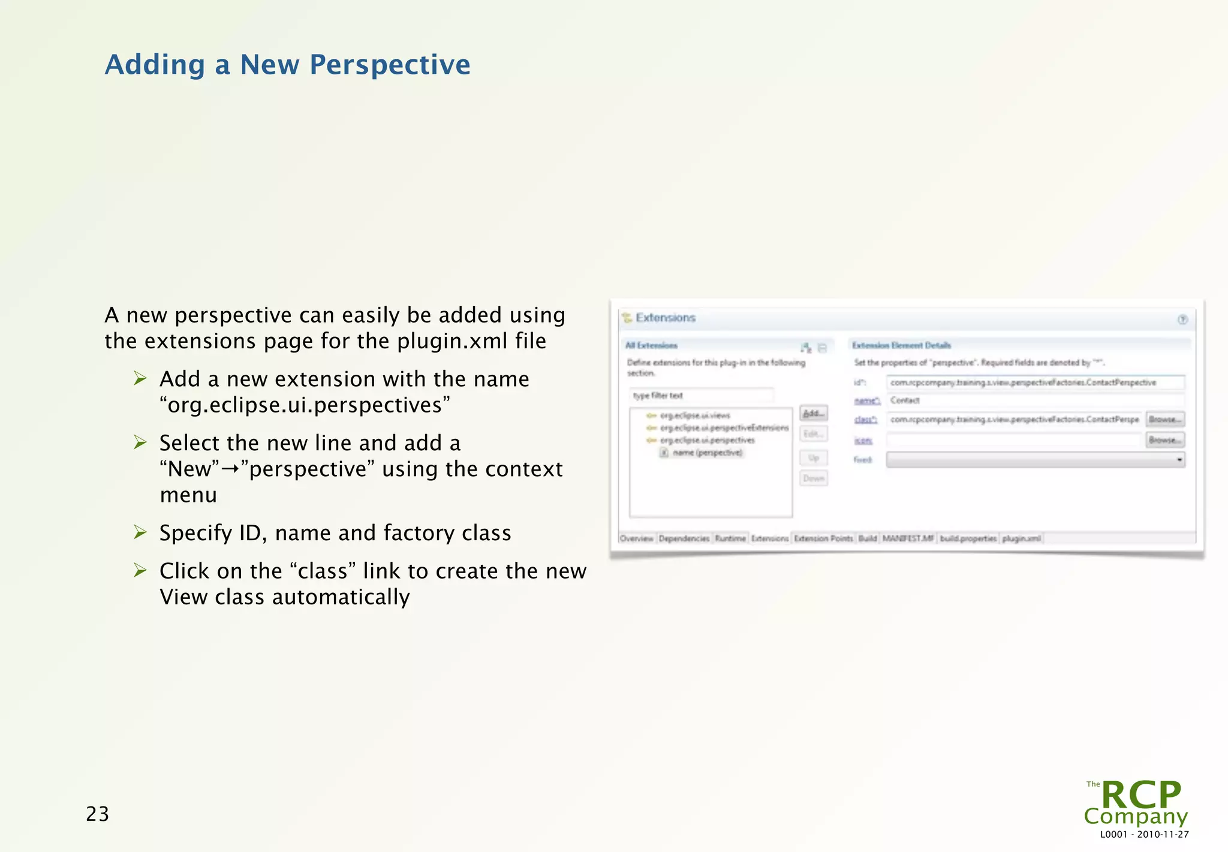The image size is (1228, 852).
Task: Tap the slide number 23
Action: (x=98, y=814)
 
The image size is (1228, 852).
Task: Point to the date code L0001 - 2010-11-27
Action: (x=1144, y=835)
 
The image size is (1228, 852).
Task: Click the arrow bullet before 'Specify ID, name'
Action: (x=140, y=532)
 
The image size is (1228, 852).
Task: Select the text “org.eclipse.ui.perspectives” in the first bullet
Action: (x=305, y=405)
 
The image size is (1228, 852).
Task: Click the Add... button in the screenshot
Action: (x=814, y=413)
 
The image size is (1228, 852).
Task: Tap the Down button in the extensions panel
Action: (x=814, y=478)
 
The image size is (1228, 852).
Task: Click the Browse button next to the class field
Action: (x=1165, y=419)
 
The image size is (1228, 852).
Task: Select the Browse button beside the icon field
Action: (x=1165, y=440)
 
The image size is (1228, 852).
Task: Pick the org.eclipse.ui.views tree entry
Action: (x=694, y=416)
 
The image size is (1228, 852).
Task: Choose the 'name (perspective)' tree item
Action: (x=707, y=453)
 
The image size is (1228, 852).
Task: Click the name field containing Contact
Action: (x=1034, y=401)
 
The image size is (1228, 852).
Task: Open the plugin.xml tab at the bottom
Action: (x=1021, y=538)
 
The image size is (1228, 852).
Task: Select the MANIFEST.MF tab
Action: (x=908, y=538)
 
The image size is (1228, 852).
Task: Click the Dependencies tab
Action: (x=684, y=538)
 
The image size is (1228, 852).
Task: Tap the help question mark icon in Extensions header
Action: (x=1182, y=320)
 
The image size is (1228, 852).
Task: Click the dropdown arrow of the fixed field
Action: (x=1179, y=460)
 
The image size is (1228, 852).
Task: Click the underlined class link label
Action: (x=865, y=420)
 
